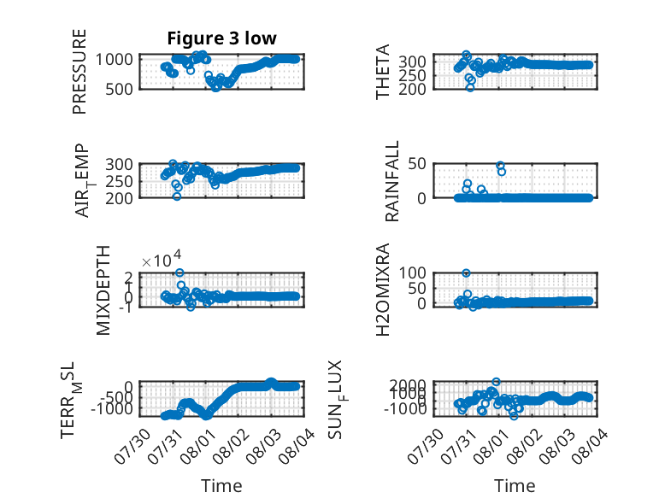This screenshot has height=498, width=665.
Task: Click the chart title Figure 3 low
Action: tap(221, 38)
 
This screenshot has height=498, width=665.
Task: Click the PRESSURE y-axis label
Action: tap(79, 72)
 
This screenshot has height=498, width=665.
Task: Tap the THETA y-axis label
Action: tap(383, 72)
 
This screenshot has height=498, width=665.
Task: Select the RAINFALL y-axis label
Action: tap(391, 181)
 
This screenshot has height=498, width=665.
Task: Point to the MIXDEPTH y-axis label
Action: tap(103, 290)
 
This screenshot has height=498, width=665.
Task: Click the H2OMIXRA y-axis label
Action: tap(383, 290)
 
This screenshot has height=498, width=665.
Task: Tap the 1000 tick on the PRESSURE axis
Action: tap(114, 59)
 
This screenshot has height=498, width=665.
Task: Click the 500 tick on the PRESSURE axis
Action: tap(119, 89)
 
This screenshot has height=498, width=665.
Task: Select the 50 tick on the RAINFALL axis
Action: tap(417, 163)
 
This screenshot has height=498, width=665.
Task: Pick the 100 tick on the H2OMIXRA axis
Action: tap(412, 272)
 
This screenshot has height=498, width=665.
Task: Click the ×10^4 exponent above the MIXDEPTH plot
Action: tap(162, 260)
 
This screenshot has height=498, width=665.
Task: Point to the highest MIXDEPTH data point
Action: tap(179, 272)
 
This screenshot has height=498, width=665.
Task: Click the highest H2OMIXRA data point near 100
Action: tap(466, 273)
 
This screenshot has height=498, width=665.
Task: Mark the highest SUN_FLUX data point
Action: tap(496, 382)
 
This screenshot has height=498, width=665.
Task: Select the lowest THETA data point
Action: tap(470, 88)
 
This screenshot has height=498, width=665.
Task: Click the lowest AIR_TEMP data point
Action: tap(177, 196)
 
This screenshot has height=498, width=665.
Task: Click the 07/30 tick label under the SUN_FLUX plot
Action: tap(426, 446)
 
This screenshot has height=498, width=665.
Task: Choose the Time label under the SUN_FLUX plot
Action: tap(515, 486)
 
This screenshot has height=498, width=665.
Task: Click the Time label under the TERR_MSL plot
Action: tap(221, 486)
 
